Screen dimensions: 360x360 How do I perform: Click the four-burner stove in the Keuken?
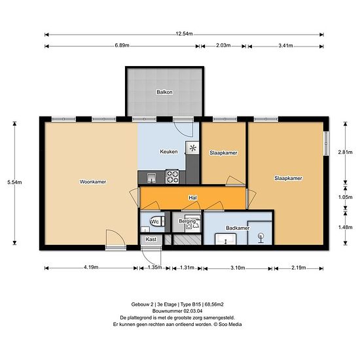pyautogui.click(x=173, y=175)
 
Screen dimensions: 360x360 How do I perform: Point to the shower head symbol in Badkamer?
pyautogui.click(x=261, y=236)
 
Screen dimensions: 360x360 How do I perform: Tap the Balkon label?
pyautogui.click(x=164, y=92)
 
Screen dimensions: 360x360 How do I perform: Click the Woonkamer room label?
pyautogui.click(x=92, y=181)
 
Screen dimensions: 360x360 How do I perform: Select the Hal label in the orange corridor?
pyautogui.click(x=192, y=196)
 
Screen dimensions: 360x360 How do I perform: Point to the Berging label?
pyautogui.click(x=187, y=222)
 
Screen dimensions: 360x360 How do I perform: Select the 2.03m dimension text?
pyautogui.click(x=223, y=46)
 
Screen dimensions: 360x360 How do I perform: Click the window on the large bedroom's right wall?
pyautogui.click(x=325, y=144)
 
